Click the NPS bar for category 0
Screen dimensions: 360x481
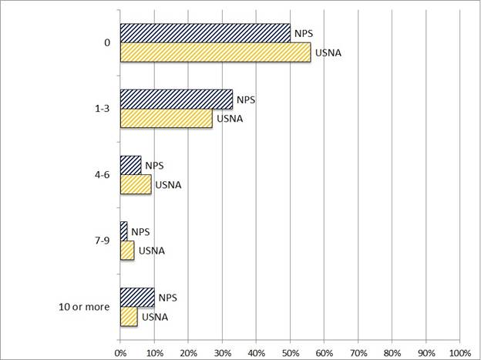[x=205, y=33]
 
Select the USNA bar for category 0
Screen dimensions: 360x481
[x=215, y=52]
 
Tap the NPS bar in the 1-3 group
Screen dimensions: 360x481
[x=177, y=99]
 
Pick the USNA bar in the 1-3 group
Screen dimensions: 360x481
[x=166, y=119]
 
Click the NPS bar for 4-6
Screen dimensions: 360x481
[x=130, y=166]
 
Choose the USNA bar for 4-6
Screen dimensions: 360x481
[x=136, y=185]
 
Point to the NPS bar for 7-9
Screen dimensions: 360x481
[x=123, y=231]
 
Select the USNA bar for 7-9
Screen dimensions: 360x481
[x=127, y=251]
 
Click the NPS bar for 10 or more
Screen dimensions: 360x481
[x=137, y=298]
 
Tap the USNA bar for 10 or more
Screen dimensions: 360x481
[x=129, y=317]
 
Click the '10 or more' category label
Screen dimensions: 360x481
[x=85, y=308]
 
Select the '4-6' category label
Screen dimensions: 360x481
[x=101, y=175]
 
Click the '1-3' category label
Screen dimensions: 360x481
[x=101, y=109]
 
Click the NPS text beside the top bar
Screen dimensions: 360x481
[x=304, y=34]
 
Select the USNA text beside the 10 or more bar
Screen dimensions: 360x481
[x=153, y=317]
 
